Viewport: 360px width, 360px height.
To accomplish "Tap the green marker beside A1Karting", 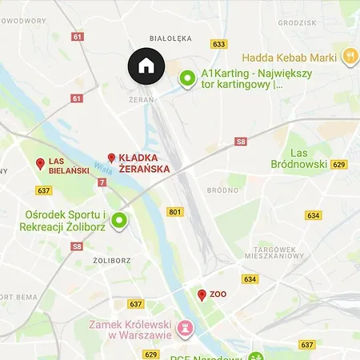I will (187, 78).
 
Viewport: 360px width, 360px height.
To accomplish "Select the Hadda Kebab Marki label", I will (289, 57).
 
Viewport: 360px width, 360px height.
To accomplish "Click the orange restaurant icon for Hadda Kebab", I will (350, 57).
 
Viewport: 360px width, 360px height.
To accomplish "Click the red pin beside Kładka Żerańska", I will (112, 158).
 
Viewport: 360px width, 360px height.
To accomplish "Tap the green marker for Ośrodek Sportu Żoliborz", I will (119, 220).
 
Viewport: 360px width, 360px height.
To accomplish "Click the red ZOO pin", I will (202, 295).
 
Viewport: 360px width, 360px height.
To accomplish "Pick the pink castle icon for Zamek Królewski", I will (186, 328).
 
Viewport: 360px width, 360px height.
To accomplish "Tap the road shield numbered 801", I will (175, 212).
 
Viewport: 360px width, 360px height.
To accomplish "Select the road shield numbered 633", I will (218, 44).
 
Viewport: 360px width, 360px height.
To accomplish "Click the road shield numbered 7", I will (102, 183).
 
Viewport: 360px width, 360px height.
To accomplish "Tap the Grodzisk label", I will (320, 23).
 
